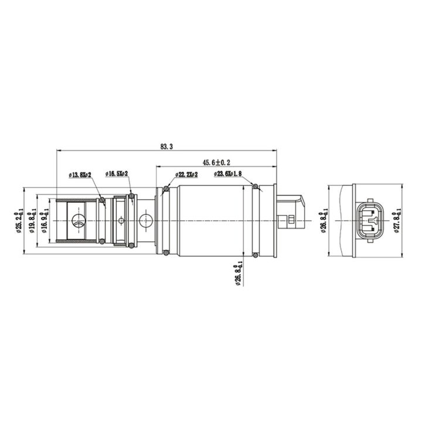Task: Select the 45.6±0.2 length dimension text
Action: pos(216,162)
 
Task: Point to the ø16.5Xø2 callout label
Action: pos(117,174)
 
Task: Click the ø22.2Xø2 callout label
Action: pos(186,175)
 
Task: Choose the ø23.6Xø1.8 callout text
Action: pos(228,174)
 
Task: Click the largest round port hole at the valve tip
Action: pos(78,221)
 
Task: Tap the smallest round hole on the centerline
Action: pos(121,221)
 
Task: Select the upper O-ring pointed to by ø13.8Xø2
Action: pos(103,200)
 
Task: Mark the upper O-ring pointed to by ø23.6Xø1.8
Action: pos(256,187)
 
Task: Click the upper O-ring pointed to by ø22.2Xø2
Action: pos(166,188)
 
